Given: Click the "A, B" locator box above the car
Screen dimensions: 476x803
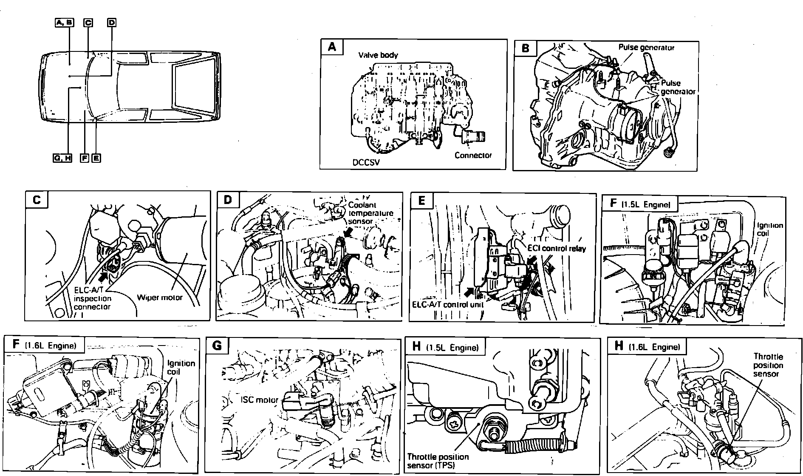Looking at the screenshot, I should click(x=64, y=23).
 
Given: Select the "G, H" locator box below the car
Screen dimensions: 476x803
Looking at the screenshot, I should click(x=62, y=158).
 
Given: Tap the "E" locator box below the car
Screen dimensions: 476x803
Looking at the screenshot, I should click(x=96, y=158).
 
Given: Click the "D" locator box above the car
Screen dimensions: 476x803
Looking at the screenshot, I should click(x=111, y=23).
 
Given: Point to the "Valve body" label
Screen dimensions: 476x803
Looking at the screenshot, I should click(x=378, y=55).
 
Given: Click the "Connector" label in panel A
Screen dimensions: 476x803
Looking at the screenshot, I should click(x=473, y=155).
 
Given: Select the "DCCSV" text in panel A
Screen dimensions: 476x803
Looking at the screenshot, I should click(x=366, y=162).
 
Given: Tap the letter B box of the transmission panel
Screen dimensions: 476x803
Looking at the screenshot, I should click(x=525, y=48).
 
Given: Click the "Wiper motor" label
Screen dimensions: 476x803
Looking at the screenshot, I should click(x=160, y=297).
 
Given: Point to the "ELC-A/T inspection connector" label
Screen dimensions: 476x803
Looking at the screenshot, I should click(x=92, y=298).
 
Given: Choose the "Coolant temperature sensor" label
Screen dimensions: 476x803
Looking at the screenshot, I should click(x=370, y=212).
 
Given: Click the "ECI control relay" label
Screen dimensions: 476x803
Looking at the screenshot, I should click(x=557, y=248).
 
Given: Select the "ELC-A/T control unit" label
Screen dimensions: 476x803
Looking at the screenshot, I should click(x=448, y=304).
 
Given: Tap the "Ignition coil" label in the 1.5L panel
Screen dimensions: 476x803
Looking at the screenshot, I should click(x=770, y=229).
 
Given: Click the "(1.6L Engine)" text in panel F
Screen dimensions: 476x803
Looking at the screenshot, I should click(x=51, y=346).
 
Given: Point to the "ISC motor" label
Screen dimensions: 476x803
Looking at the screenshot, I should click(x=259, y=399).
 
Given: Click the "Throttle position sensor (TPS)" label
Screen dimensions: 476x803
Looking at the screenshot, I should click(x=438, y=460).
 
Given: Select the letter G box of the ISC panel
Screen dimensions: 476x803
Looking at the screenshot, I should click(x=217, y=346).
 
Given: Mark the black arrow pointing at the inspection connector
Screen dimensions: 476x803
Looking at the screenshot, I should click(x=102, y=277).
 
